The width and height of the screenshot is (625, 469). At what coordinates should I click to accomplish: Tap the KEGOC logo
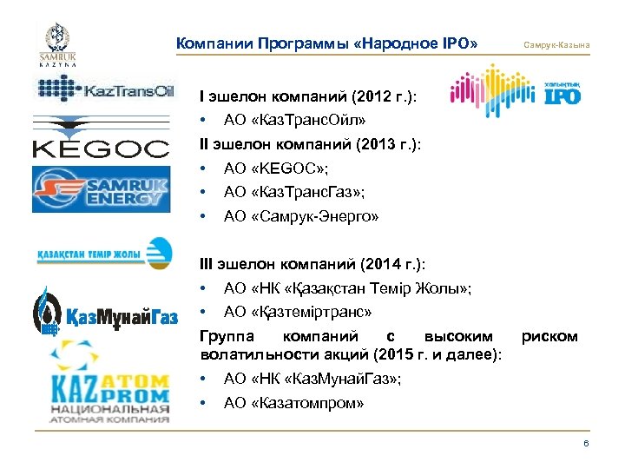[x=101, y=140]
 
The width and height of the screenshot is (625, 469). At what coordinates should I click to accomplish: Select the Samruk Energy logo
[x=97, y=188]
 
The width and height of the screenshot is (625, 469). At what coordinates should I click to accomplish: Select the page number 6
[x=586, y=444]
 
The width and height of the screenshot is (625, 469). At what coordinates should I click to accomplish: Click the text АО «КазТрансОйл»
[x=286, y=122]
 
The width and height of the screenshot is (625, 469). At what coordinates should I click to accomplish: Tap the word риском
[x=549, y=335]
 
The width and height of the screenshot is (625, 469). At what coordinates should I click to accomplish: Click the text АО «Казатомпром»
[x=293, y=402]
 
